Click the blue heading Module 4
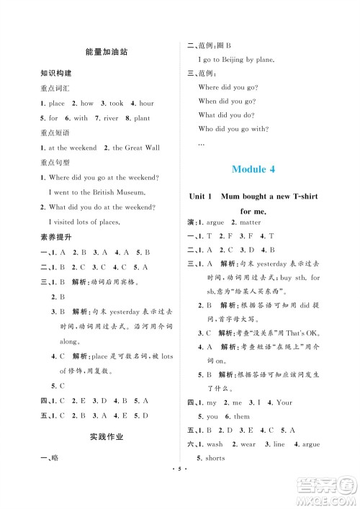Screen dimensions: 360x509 click(263, 170)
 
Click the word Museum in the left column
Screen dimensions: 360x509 click(131, 192)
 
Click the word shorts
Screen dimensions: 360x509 click(215, 458)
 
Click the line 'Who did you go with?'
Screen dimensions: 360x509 click(233, 129)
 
